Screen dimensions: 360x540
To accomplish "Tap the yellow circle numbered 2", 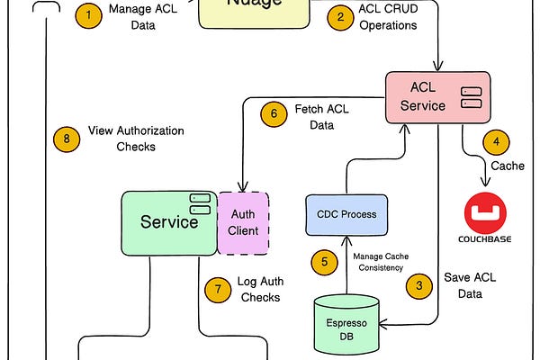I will (339, 16).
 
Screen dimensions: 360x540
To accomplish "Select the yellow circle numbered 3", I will (418, 287).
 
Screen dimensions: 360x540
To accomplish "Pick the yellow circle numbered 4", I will (496, 142).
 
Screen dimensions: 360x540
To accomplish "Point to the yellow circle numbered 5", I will (324, 262).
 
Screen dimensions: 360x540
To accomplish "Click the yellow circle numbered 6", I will (274, 114).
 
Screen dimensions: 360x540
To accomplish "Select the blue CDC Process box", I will (346, 214).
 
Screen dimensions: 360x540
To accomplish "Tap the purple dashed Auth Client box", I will (244, 222).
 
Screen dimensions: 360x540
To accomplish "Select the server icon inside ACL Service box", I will (470, 97).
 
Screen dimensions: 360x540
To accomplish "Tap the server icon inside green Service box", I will (200, 203).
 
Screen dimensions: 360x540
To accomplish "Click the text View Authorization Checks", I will (136, 139).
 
